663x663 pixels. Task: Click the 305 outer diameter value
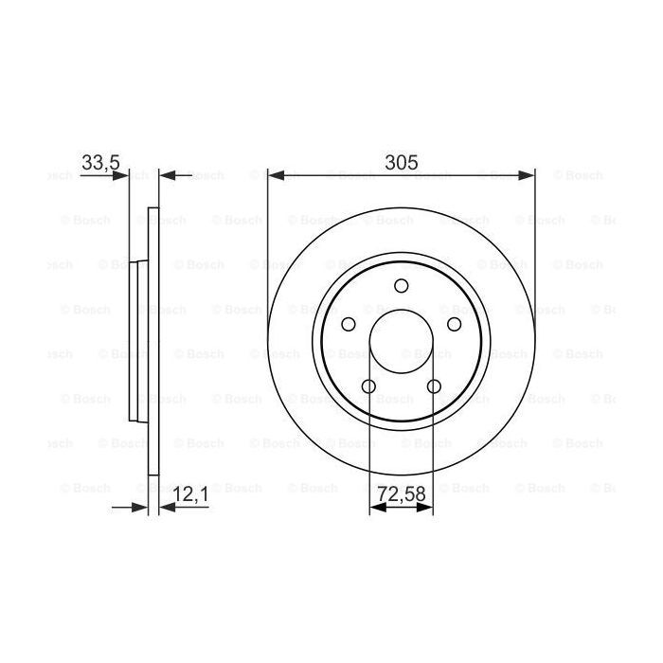(x=401, y=162)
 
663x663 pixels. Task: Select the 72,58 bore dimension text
(x=400, y=493)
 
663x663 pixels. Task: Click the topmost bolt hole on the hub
(x=401, y=286)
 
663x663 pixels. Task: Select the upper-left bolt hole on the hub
(x=348, y=325)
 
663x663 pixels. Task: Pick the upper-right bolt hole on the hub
(x=454, y=325)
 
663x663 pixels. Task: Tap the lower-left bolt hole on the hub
(x=368, y=386)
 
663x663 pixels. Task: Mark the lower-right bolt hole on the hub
(x=434, y=386)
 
